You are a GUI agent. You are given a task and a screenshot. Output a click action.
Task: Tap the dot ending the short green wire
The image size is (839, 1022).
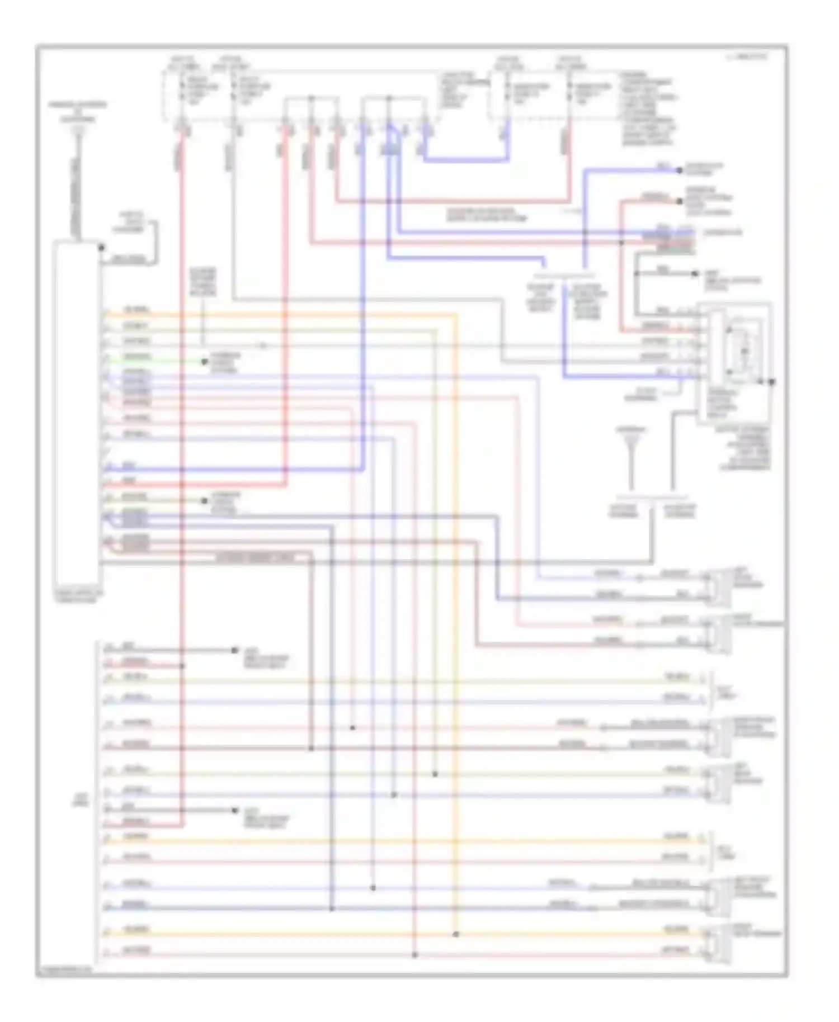tap(205, 362)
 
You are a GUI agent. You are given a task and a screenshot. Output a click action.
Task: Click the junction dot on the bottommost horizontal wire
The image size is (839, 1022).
tap(414, 955)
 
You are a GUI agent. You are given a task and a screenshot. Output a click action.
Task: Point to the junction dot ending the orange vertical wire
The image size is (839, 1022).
tap(456, 934)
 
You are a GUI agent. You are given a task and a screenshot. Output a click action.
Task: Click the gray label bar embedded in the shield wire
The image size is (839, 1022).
tap(254, 557)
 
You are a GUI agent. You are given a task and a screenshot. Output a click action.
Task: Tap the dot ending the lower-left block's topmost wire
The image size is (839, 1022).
tap(235, 650)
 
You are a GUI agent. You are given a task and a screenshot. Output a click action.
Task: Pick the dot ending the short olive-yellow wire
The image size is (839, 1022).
tap(205, 500)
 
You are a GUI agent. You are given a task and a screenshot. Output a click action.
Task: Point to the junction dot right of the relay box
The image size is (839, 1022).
tap(771, 382)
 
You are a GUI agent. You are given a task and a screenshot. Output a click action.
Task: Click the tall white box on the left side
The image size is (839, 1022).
tap(77, 414)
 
